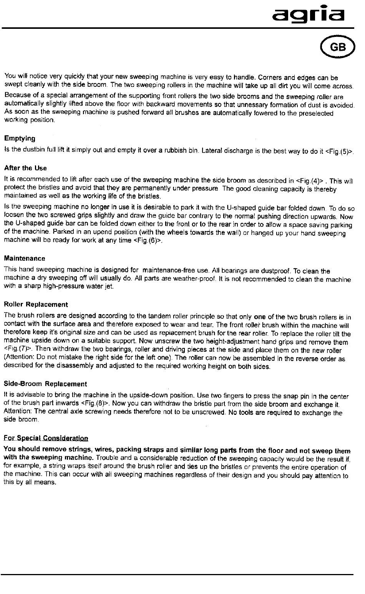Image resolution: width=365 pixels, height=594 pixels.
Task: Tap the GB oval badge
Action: (x=338, y=47)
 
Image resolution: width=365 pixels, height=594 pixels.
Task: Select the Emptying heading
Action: (x=20, y=138)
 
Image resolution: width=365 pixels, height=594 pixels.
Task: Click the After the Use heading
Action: (x=25, y=168)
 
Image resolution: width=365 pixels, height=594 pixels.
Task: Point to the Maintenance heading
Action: (x=25, y=259)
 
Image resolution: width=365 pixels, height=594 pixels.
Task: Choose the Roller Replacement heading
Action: (x=36, y=304)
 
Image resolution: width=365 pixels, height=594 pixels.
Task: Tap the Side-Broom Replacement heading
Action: (x=45, y=384)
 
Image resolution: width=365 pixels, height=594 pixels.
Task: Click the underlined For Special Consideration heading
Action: (x=46, y=438)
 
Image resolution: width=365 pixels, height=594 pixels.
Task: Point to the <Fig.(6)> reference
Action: (x=147, y=240)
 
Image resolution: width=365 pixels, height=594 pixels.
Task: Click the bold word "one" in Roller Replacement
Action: (x=260, y=317)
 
